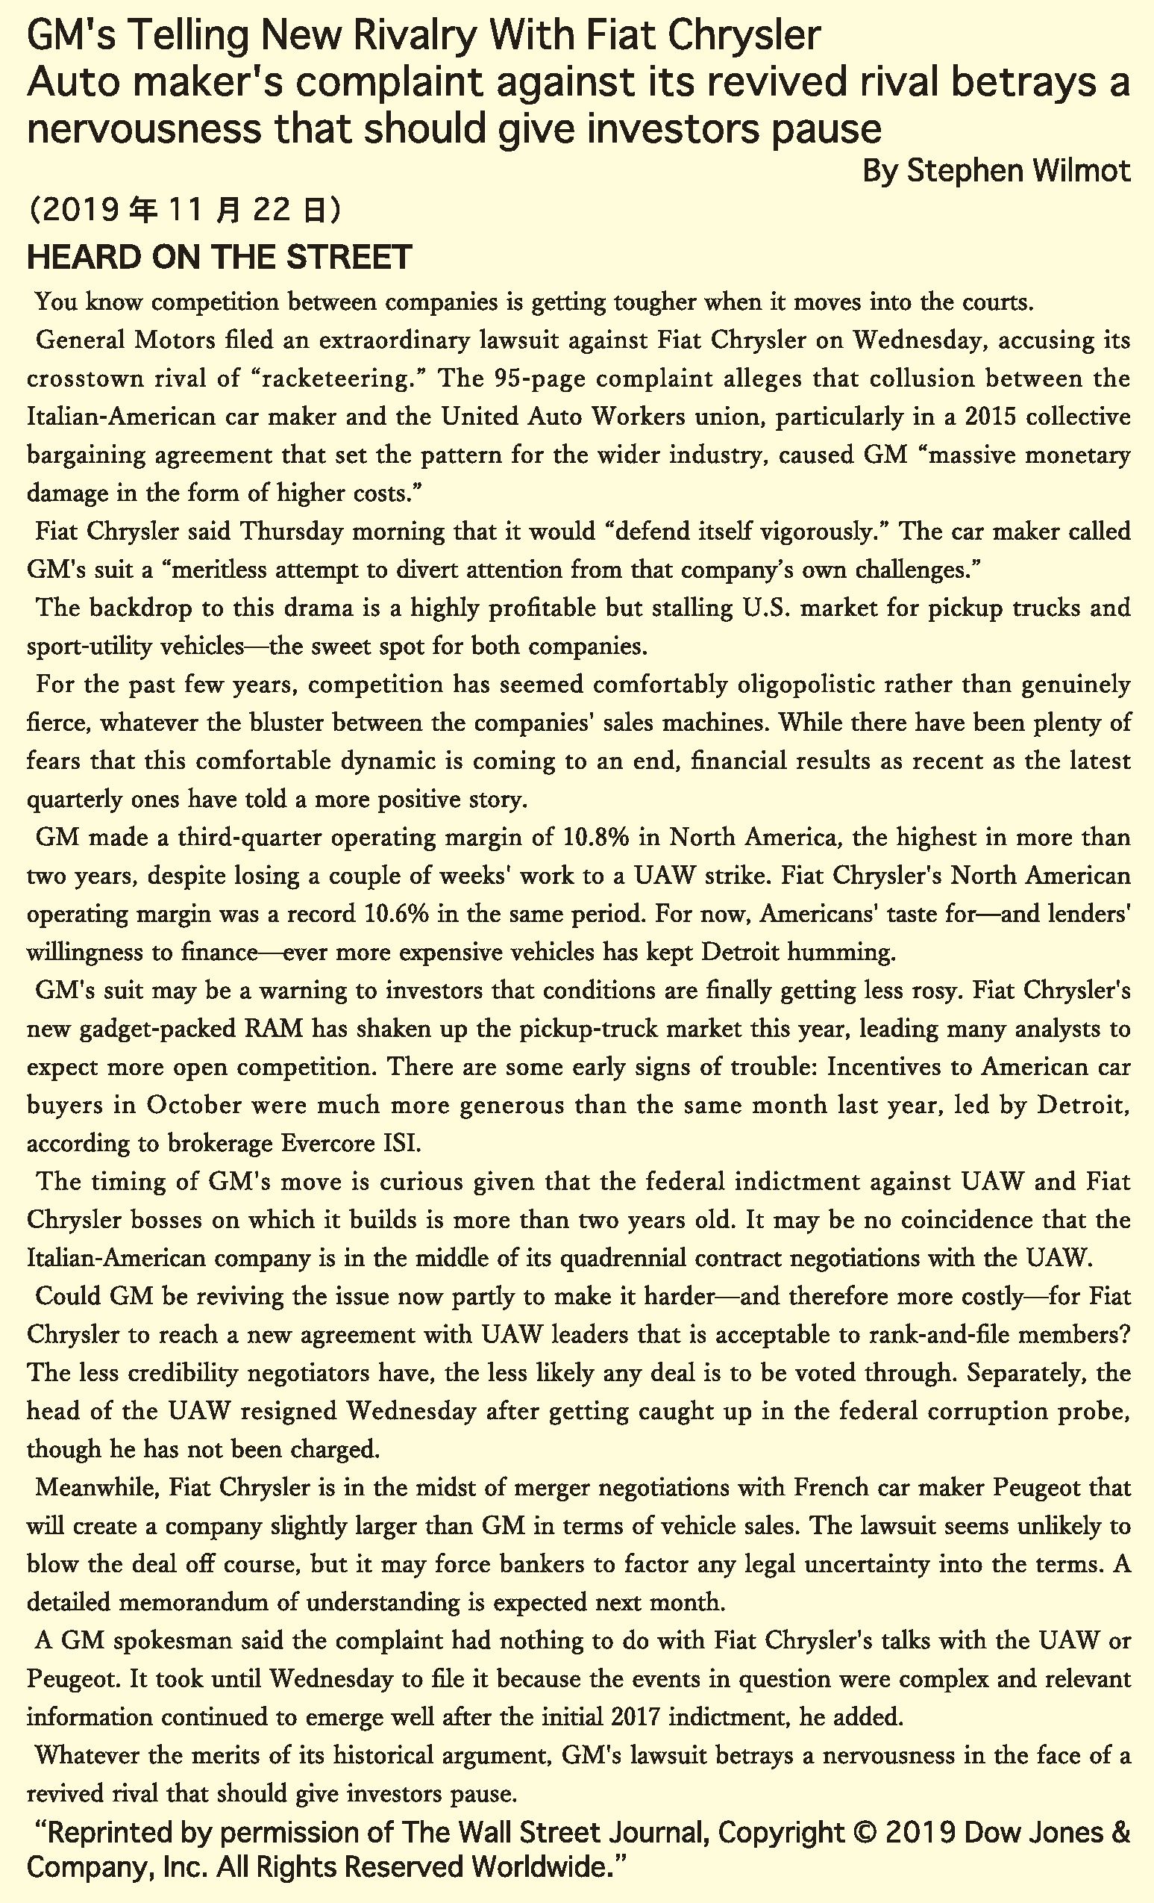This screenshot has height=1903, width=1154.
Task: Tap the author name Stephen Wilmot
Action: [1018, 170]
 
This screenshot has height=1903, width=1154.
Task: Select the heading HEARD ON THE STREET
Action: [219, 257]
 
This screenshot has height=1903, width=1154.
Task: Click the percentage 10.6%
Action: [395, 914]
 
